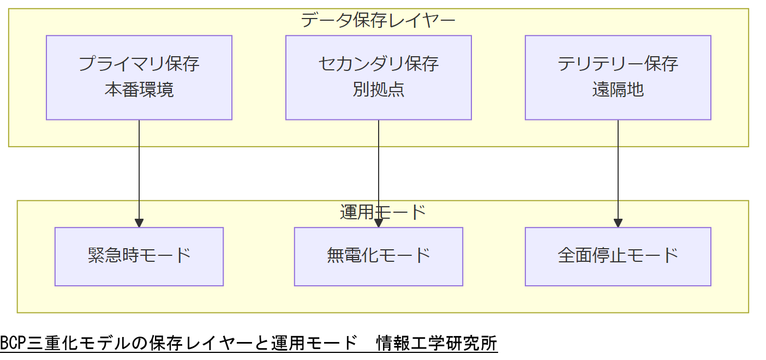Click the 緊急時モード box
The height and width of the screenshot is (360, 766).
point(139,256)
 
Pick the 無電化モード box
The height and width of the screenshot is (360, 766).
point(379,256)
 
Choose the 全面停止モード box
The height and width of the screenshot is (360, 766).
point(618,256)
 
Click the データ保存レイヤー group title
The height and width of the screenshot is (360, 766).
point(378,21)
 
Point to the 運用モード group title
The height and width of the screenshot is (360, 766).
point(382,212)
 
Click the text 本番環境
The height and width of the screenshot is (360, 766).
point(139,90)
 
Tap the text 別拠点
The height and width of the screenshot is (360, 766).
point(379,90)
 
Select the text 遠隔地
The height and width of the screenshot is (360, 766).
point(618,90)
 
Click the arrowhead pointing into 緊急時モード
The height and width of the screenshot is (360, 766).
point(139,223)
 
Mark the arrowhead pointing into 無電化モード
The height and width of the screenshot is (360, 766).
point(379,223)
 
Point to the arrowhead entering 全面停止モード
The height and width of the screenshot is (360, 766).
point(618,223)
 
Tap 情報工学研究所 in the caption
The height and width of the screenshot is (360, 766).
point(436,344)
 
